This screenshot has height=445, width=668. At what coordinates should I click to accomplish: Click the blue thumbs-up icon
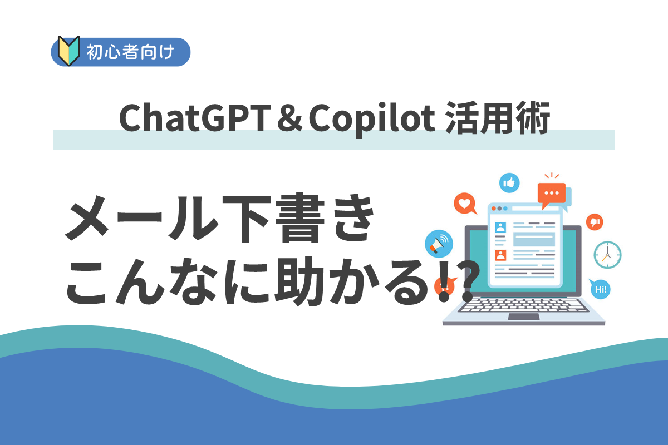[x=509, y=182]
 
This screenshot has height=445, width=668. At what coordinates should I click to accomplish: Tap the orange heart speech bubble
[x=464, y=203]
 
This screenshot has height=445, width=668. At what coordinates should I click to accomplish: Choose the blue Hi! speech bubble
[x=600, y=289]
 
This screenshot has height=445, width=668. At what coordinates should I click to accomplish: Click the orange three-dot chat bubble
[x=552, y=193]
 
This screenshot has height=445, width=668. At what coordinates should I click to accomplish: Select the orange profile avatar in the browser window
[x=500, y=255]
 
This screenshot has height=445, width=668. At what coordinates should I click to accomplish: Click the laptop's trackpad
[x=523, y=317]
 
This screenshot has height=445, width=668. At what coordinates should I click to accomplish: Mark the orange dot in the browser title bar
[x=494, y=209]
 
